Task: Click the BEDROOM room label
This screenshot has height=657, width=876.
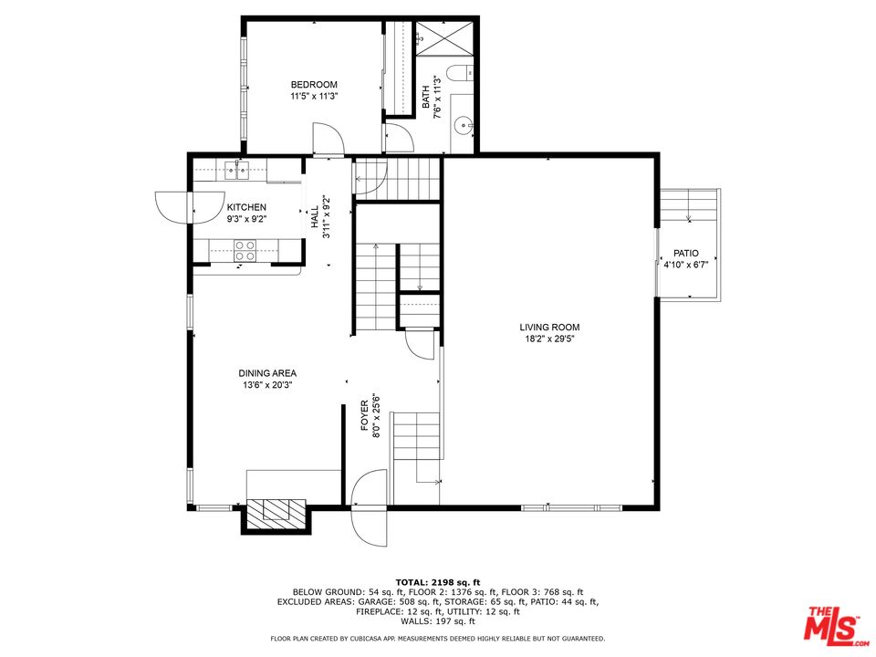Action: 314,85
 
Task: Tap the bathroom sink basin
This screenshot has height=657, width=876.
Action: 464,126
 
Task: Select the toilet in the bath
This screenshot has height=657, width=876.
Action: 462,73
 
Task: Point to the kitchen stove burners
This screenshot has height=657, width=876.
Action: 245,250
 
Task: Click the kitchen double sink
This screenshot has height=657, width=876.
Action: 237,170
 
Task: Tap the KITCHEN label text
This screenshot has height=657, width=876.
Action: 246,207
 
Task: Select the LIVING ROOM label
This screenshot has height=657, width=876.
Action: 549,328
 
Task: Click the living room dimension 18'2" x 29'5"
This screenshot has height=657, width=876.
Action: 549,338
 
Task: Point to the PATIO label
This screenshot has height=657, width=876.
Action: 685,253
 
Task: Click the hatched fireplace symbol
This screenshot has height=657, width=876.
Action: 276,512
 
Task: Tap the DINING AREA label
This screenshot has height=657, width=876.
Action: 267,373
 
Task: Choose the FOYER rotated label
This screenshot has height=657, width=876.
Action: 364,414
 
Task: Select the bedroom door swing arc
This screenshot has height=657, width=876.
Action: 328,139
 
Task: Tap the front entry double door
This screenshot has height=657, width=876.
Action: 369,508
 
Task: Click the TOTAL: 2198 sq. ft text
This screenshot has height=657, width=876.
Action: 438,583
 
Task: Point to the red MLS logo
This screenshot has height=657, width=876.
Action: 834,623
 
